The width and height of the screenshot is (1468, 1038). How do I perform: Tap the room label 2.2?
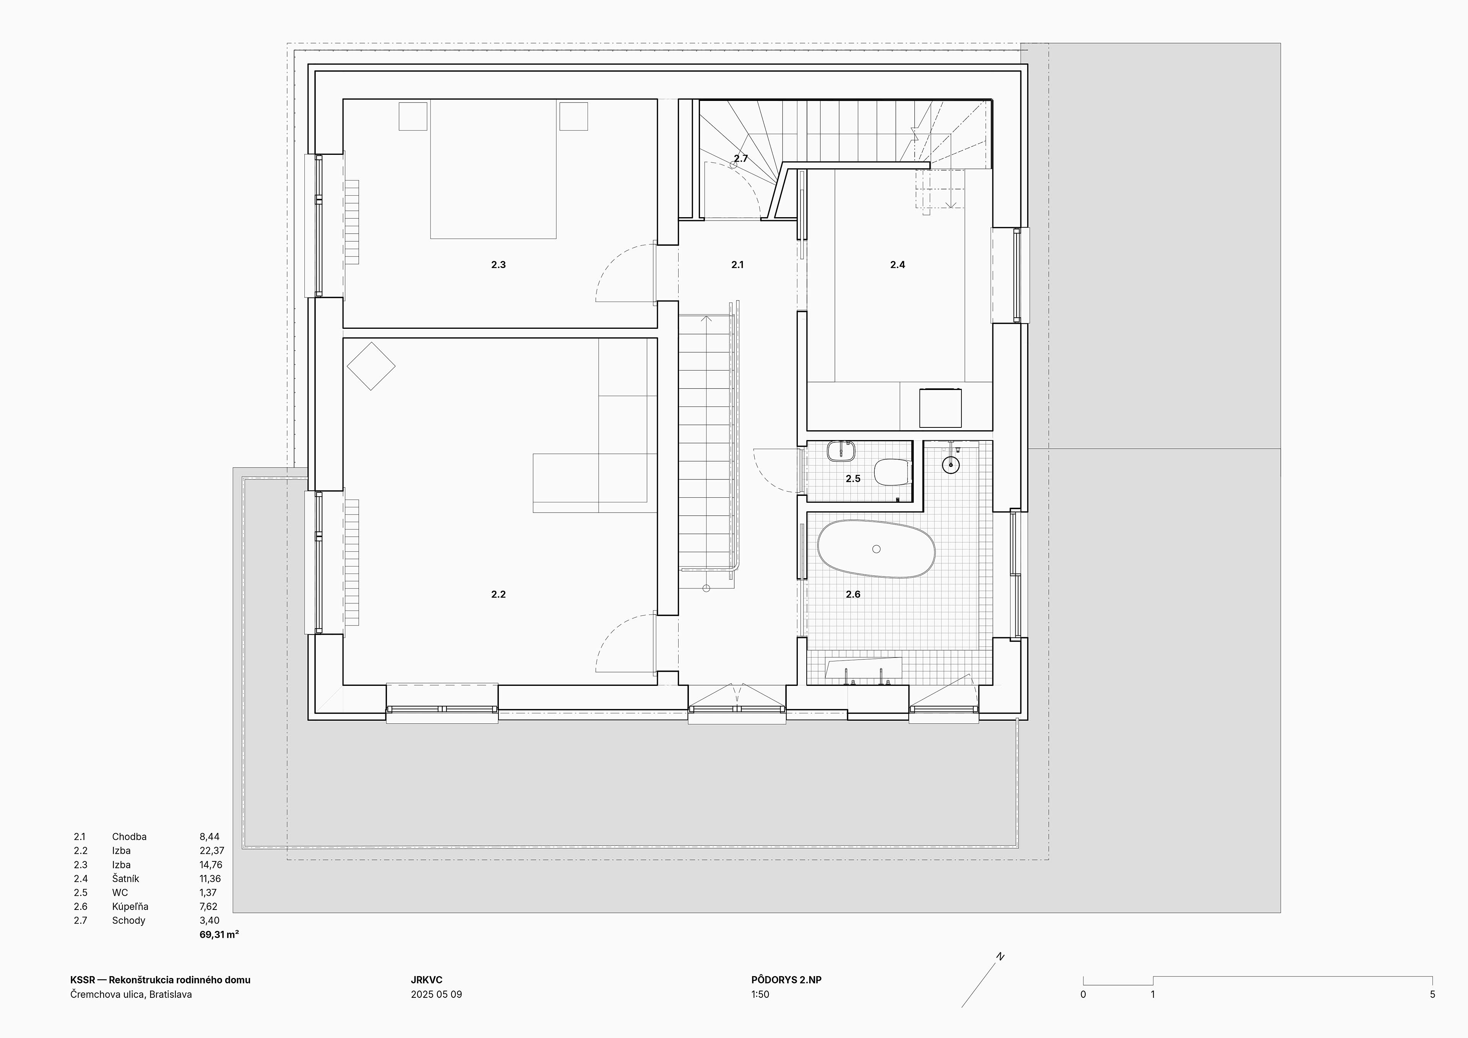point(498,594)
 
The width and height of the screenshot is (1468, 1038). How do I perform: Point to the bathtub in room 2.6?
point(876,549)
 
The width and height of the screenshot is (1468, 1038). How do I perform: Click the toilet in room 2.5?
point(892,473)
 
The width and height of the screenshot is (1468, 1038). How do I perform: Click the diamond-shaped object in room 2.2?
point(371,366)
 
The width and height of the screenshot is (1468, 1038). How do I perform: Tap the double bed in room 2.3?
point(493,169)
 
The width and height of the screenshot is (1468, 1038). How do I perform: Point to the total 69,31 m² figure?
point(219,934)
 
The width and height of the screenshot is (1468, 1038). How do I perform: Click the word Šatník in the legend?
point(125,878)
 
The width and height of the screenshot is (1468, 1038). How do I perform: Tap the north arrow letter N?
point(1000,957)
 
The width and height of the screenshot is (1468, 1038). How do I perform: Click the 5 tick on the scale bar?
point(1432,994)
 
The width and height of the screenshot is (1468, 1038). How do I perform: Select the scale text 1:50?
point(760,994)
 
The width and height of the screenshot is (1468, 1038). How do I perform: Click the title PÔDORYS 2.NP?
point(786,980)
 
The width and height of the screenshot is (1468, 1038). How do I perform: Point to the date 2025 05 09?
point(436,994)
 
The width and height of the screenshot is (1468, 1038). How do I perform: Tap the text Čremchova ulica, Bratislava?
point(131,994)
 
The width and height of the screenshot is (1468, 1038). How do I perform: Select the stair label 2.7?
point(740,158)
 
